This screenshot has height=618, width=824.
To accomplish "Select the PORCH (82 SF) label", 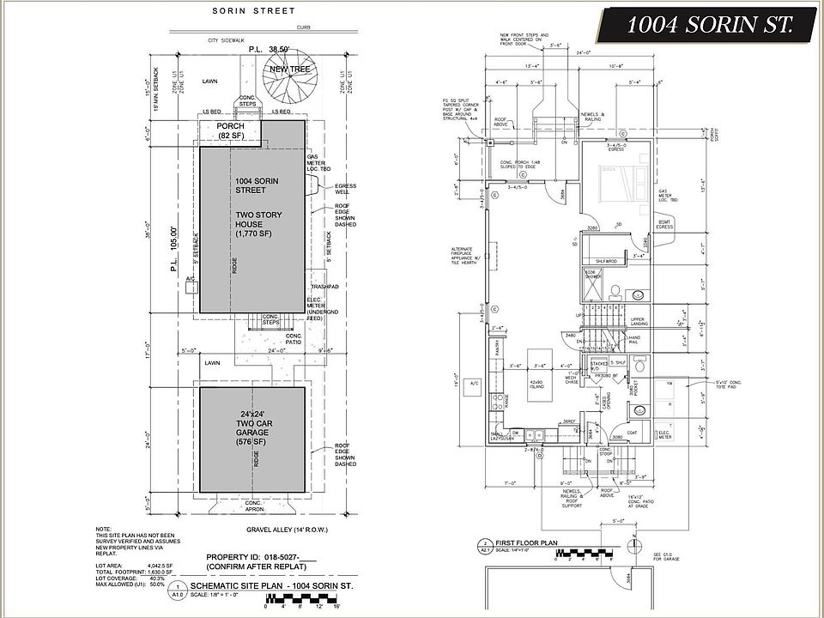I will tap(230, 130).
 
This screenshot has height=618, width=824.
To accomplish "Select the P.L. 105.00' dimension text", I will tap(174, 248).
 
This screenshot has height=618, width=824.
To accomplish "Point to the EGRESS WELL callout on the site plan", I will tap(345, 190).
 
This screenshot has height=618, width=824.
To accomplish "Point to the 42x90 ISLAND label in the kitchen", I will tap(538, 386).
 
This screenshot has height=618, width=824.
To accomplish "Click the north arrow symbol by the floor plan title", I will tap(633, 546).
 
